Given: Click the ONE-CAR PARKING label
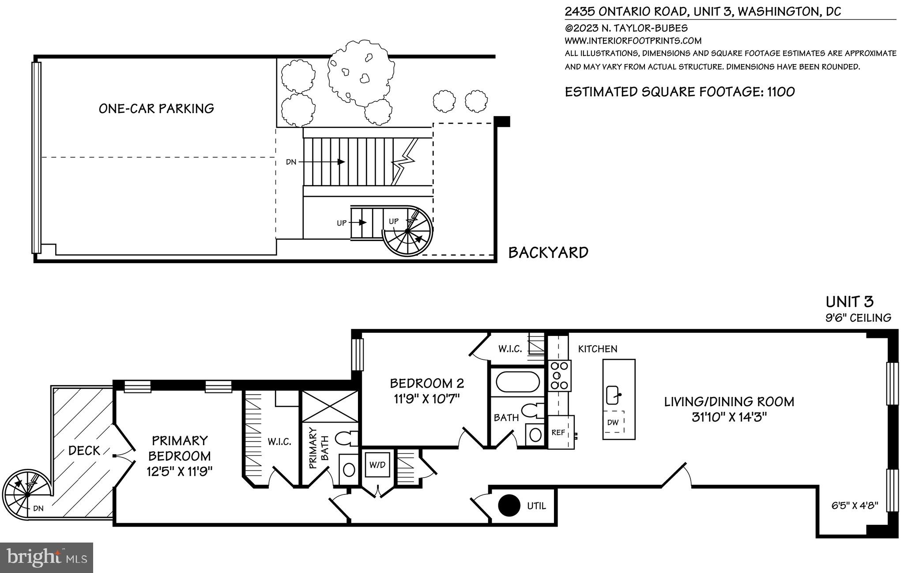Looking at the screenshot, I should click(x=156, y=109).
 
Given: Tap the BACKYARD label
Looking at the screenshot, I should click(x=548, y=253).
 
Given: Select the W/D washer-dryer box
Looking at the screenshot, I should click(x=377, y=464).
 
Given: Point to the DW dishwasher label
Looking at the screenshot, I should click(x=613, y=422).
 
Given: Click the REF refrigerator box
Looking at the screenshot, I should click(x=559, y=432).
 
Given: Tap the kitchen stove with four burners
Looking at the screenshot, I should click(x=560, y=375).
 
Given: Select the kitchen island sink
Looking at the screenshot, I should click(x=614, y=395).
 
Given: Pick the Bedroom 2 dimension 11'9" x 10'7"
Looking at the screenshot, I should click(x=426, y=399).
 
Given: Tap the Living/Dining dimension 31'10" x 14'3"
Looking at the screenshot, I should click(x=729, y=417).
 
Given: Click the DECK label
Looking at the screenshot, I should click(x=84, y=451).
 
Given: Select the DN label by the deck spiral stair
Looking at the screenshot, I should click(x=38, y=509).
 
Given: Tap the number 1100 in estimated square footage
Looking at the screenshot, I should click(x=781, y=92).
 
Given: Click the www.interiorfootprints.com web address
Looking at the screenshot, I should click(x=633, y=41).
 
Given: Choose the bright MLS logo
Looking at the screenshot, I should click(x=46, y=558).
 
